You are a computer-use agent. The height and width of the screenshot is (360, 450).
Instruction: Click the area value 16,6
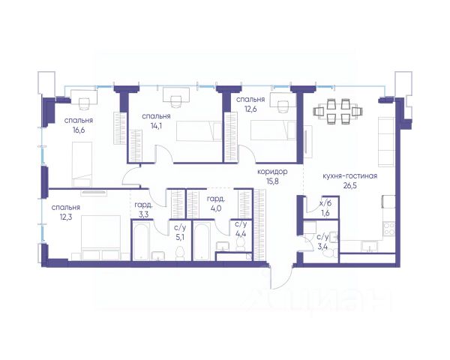79,130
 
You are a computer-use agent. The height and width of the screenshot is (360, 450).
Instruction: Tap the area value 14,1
157,126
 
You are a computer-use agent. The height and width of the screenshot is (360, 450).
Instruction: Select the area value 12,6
250,109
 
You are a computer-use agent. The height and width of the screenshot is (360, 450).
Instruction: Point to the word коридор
272,172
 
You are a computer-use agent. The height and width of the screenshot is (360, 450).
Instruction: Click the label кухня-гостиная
349,175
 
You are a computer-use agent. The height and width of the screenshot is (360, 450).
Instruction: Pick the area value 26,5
349,185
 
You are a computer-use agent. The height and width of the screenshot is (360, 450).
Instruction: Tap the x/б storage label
325,203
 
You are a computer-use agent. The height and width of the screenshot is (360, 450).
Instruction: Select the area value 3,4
322,247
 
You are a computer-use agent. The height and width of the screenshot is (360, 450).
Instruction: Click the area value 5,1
180,238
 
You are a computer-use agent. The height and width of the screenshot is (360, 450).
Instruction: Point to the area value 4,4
241,234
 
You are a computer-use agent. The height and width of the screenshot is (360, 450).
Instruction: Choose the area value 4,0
215,208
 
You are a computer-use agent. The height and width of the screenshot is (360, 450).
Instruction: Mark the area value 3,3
143,214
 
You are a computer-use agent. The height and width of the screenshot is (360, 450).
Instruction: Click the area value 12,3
66,217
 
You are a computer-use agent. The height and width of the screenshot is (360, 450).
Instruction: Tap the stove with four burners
389,229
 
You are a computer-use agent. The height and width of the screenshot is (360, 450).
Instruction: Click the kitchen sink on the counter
370,247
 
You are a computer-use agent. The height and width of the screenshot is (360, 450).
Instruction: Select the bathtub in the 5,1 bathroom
142,241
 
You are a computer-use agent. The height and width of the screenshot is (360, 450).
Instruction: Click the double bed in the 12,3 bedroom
100,238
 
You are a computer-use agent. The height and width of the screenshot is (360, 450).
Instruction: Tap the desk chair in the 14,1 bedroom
175,102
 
